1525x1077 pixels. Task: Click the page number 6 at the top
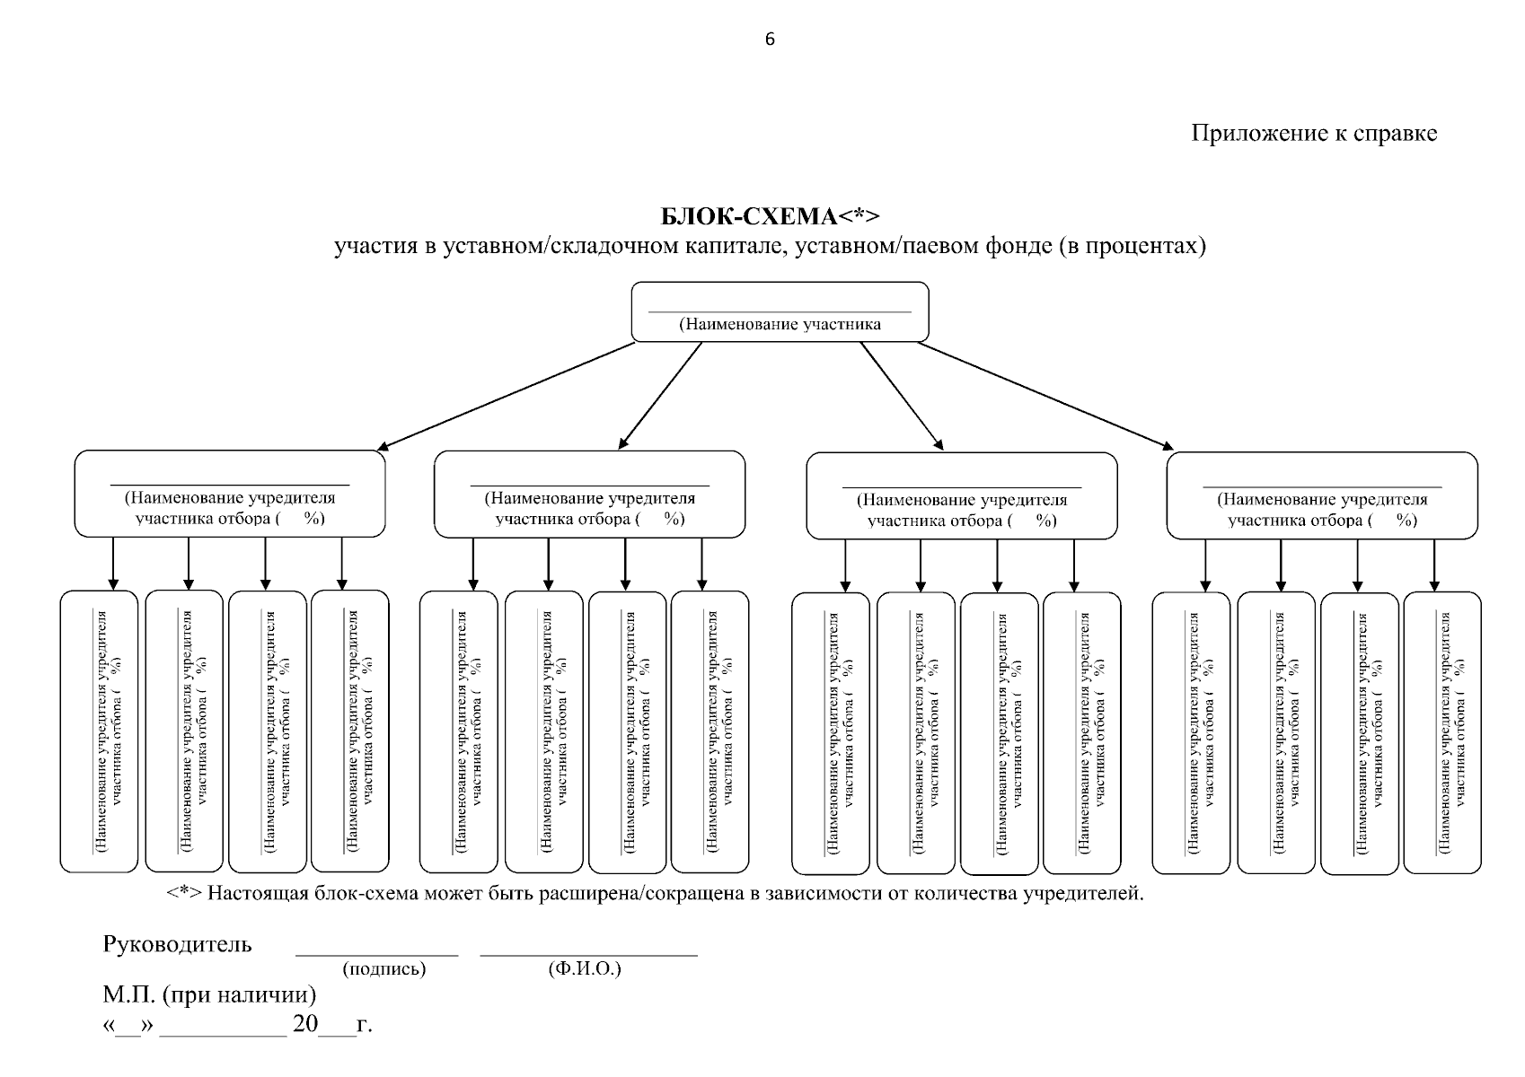pos(769,39)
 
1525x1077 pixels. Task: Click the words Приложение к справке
pos(1313,134)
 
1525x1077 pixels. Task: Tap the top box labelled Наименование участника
pos(780,312)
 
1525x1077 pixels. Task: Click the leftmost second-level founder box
pos(229,494)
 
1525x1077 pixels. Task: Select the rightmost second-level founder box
pos(1321,495)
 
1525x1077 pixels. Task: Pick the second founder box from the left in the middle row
pos(589,495)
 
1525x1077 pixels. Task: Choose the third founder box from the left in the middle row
pos(962,496)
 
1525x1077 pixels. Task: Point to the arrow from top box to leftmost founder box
pos(507,396)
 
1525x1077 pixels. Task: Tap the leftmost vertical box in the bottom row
pos(99,731)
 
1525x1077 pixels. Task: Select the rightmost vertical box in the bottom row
pos(1442,732)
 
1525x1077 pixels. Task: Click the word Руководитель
pos(178,945)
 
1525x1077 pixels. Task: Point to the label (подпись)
pos(383,969)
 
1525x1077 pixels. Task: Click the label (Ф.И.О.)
pos(584,969)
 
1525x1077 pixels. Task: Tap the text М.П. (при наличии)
pos(209,995)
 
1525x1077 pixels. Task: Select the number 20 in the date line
pos(304,1025)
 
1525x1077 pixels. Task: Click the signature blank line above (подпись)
pos(377,955)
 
